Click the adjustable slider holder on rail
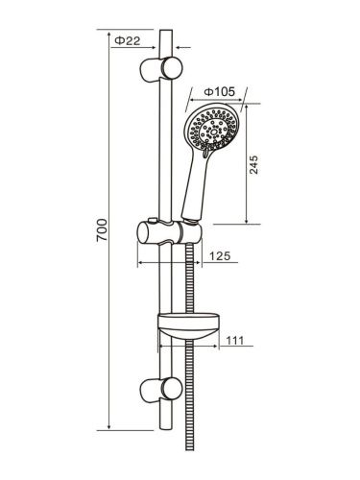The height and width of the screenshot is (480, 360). tap(170, 233)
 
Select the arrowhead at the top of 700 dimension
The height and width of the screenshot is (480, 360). tap(112, 35)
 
